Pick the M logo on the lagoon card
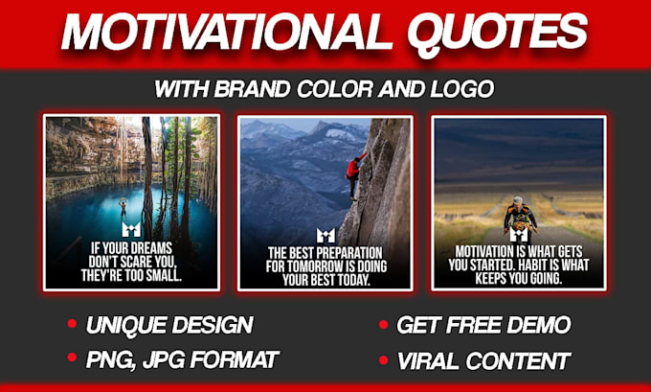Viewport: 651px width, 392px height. pos(132,230)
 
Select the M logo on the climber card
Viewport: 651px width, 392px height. pos(325,235)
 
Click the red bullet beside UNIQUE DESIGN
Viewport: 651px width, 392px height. pos(72,324)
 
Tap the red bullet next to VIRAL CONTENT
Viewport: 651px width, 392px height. pos(382,359)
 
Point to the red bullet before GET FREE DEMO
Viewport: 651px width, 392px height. pos(382,324)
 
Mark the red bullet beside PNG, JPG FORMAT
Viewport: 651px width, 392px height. pos(72,358)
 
